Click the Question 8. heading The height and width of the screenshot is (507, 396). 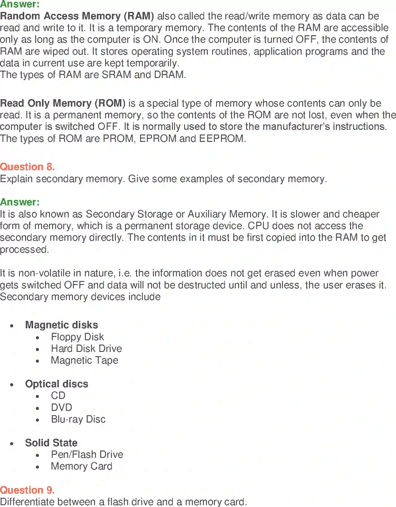point(27,167)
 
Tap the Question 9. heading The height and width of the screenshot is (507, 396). point(27,490)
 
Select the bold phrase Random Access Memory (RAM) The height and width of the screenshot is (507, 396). point(77,16)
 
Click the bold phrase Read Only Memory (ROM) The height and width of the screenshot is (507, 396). point(63,103)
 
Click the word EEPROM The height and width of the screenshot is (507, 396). point(222,138)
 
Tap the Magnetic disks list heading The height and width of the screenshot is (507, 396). point(62,325)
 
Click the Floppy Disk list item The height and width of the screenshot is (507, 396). point(77,337)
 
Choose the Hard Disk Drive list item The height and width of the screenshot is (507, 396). point(86,349)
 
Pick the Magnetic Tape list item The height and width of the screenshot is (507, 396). point(85,360)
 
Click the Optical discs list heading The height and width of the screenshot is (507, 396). point(57,384)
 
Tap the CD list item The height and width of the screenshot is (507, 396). point(58,396)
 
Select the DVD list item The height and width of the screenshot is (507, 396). point(62,408)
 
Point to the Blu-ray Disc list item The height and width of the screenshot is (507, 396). point(78,419)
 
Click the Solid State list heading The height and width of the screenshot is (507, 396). point(51,443)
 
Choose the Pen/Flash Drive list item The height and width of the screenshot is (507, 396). point(87,454)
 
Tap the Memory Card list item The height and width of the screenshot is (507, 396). point(82,466)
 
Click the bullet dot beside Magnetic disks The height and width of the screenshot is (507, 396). point(12,326)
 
